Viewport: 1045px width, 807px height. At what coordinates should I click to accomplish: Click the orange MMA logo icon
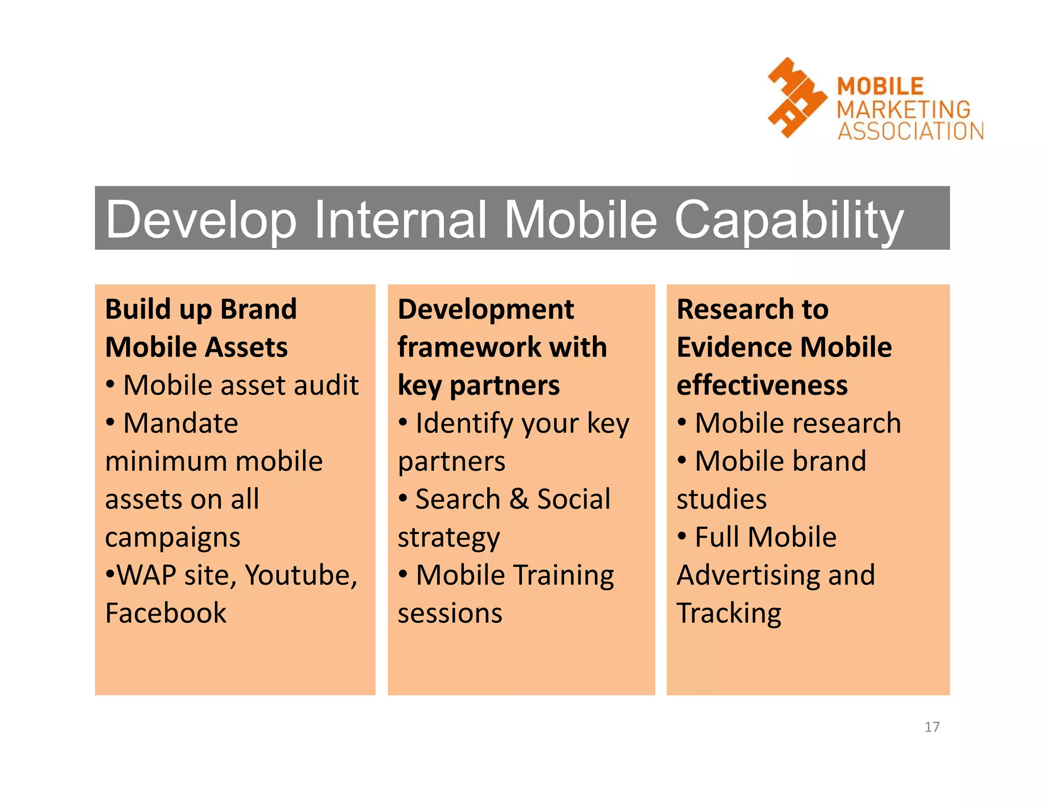pos(796,98)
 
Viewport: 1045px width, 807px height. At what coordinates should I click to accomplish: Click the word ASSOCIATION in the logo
pos(910,131)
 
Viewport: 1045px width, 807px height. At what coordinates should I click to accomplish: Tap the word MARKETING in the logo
pos(903,109)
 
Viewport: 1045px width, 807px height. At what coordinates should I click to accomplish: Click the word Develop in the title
pos(201,220)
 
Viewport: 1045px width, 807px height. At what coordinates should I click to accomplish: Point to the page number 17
pos(932,727)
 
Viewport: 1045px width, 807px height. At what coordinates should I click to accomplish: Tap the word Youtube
pos(301,575)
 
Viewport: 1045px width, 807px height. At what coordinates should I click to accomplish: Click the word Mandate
pos(181,423)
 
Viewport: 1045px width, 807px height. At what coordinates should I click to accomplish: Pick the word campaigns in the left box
pos(172,538)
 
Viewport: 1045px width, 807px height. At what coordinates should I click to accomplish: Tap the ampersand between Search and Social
pos(518,499)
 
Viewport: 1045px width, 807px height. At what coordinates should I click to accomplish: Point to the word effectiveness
pos(762,385)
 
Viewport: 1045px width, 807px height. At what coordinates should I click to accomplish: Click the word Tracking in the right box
pos(729,614)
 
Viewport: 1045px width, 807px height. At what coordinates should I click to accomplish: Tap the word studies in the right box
pos(721,499)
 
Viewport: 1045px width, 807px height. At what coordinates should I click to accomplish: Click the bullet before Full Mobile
pos(682,536)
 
